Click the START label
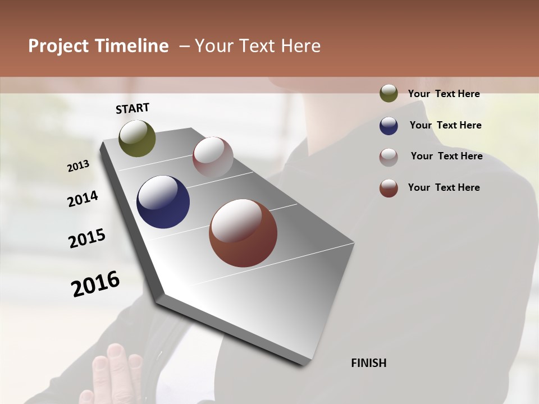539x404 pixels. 133,108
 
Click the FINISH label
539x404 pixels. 368,363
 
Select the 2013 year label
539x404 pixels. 78,166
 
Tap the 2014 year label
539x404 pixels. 83,199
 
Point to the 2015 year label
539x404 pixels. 87,238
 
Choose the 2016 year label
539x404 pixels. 95,284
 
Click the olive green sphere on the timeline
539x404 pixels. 137,138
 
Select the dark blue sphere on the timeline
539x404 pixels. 163,202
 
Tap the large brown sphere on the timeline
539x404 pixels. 243,233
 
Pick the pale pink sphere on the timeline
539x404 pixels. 213,157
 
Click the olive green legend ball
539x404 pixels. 389,94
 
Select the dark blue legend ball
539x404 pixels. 389,126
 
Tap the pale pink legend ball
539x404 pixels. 389,157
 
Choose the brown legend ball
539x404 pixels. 389,188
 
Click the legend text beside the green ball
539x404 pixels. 444,94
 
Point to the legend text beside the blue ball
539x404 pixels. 445,125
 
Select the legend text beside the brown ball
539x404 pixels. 444,187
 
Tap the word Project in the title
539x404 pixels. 58,46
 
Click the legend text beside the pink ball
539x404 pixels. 446,156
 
